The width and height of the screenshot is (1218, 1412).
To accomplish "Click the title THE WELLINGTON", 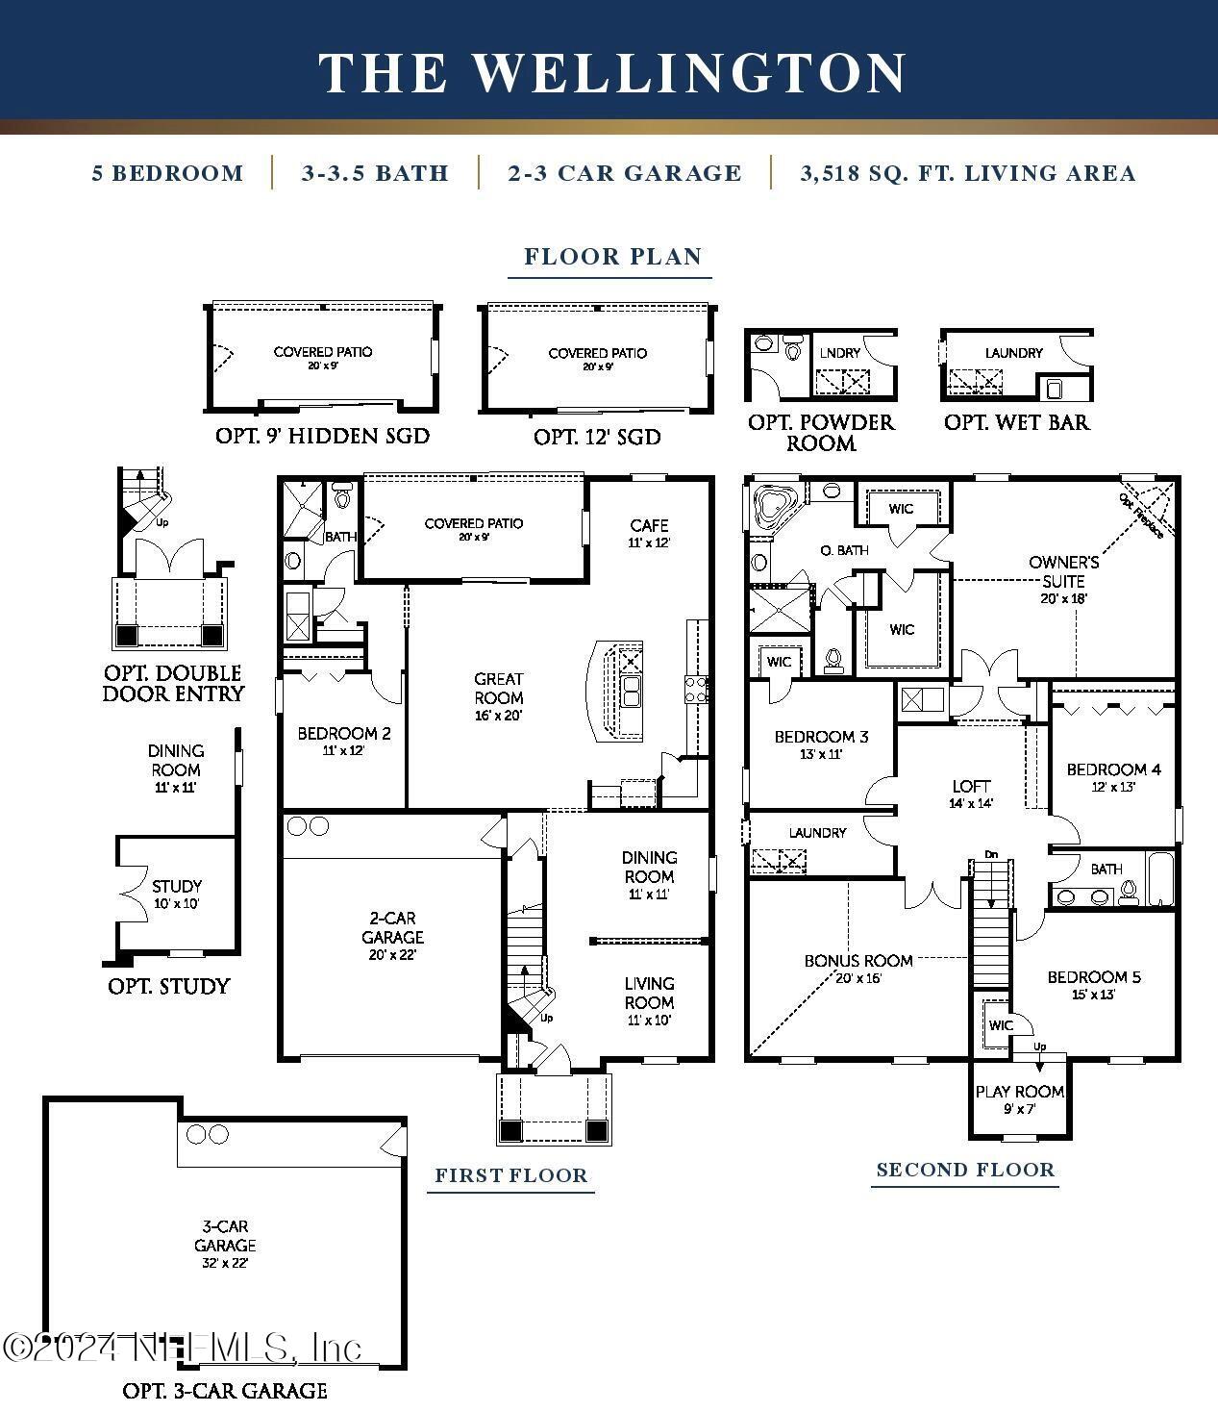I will pos(612,73).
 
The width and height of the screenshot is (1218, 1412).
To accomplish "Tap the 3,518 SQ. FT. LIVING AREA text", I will pos(967,173).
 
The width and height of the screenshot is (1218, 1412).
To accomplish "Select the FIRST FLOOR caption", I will pos(510,1174).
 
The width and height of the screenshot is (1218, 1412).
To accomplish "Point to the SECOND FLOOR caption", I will pos(965,1170).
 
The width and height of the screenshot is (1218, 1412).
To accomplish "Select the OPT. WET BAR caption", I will pos(1016,422).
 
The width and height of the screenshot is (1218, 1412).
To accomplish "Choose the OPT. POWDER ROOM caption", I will pos(821,433).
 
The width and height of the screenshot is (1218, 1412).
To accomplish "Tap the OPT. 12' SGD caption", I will pos(597,437).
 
